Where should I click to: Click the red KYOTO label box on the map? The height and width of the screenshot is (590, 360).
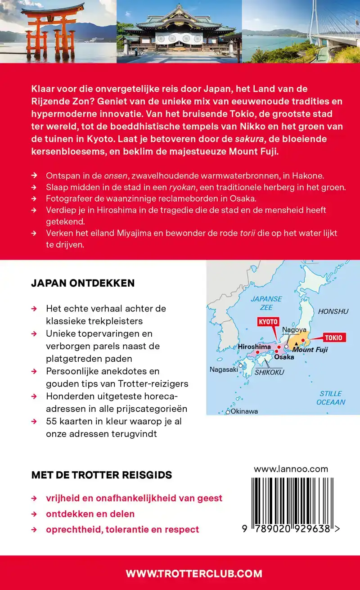268,322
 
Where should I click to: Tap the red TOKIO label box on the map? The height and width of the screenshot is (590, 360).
333,338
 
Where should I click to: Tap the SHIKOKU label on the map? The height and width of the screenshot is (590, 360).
270,372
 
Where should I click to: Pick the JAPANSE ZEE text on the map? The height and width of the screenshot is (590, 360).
266,303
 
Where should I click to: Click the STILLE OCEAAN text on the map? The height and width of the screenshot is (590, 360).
331,398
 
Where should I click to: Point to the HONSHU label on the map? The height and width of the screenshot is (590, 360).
333,311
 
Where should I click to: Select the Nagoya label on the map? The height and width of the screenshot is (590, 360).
294,330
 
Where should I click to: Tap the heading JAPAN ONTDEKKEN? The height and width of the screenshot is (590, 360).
83,283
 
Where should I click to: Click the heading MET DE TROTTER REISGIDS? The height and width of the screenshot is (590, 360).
101,475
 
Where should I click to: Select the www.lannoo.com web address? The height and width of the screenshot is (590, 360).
291,469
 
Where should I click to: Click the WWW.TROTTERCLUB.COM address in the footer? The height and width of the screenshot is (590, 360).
193,573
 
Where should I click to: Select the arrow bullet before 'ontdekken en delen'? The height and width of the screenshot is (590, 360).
34,514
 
